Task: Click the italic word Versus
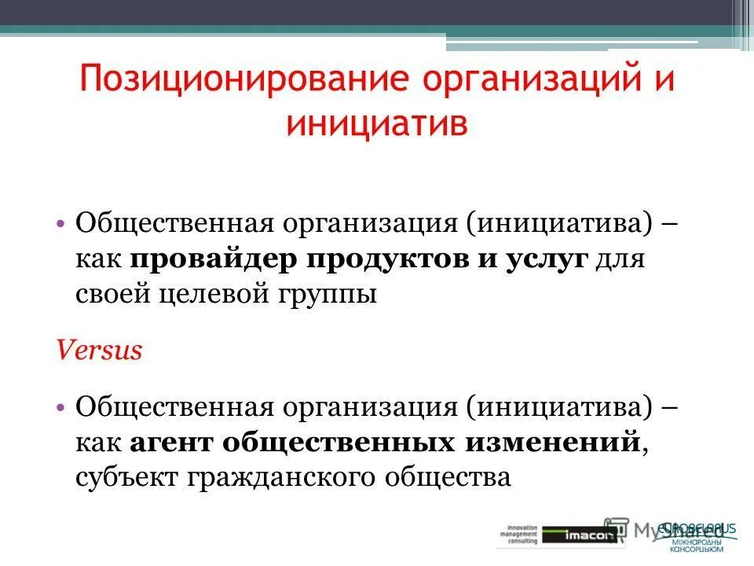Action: [x=99, y=350]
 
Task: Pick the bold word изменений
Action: [x=550, y=442]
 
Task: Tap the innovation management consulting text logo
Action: [x=518, y=534]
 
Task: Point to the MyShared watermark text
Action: [x=675, y=528]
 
